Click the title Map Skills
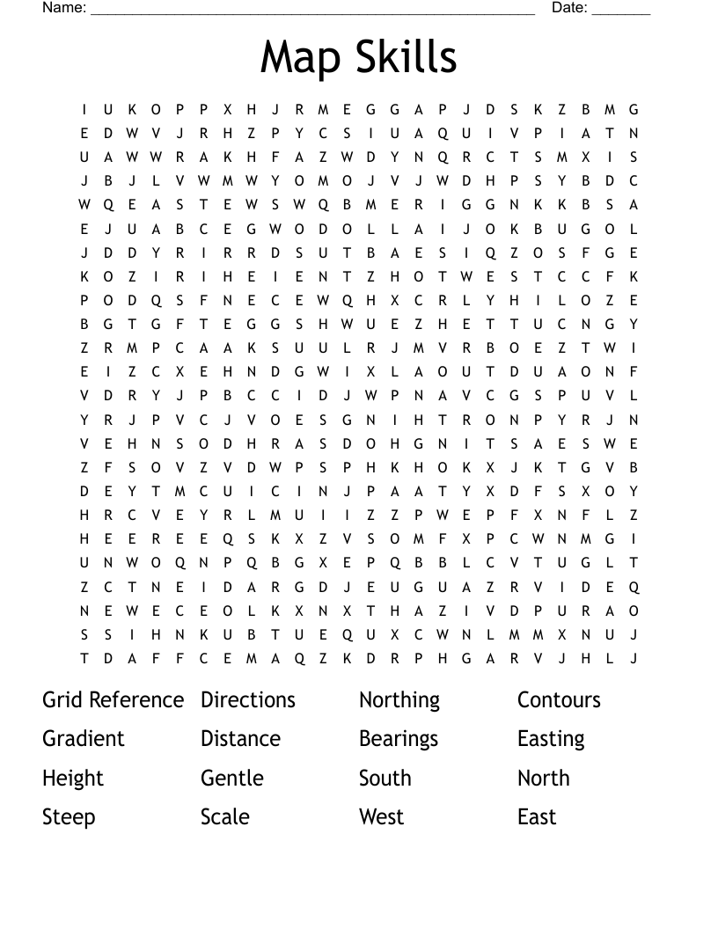pyautogui.click(x=358, y=57)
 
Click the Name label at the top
pyautogui.click(x=64, y=8)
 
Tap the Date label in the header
pyautogui.click(x=568, y=8)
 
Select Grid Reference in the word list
pyautogui.click(x=113, y=700)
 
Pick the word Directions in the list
pyautogui.click(x=248, y=700)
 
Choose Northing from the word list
pyautogui.click(x=399, y=701)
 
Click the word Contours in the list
pyautogui.click(x=559, y=700)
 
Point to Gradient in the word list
pyautogui.click(x=84, y=739)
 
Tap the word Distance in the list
pyautogui.click(x=240, y=739)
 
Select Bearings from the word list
pyautogui.click(x=398, y=740)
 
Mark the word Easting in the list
pyautogui.click(x=551, y=740)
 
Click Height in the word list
pyautogui.click(x=73, y=779)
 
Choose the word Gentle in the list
pyautogui.click(x=231, y=778)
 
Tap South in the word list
pyautogui.click(x=385, y=778)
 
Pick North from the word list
pyautogui.click(x=543, y=778)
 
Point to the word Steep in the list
pyautogui.click(x=69, y=817)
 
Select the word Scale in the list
pyautogui.click(x=224, y=816)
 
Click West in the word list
pyautogui.click(x=381, y=816)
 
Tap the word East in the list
pyautogui.click(x=537, y=816)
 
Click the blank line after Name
pyautogui.click(x=312, y=11)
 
